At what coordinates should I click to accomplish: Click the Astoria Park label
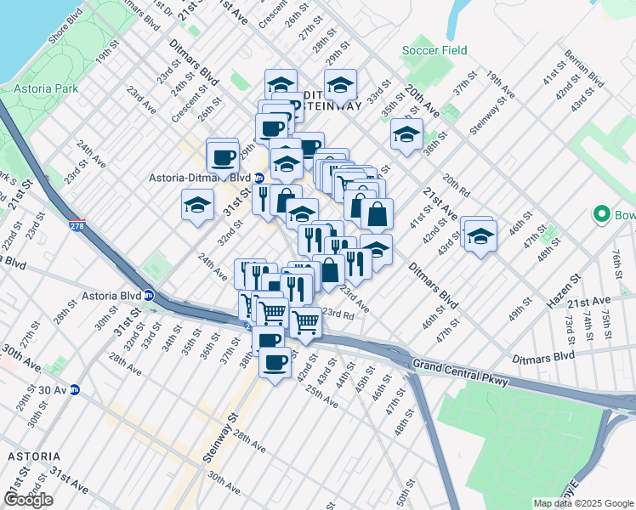(x=46, y=88)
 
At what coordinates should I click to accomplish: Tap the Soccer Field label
(x=435, y=51)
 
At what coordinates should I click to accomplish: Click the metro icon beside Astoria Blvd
(x=149, y=297)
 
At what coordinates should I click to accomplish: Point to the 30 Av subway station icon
(x=74, y=390)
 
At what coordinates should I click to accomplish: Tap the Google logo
(x=28, y=500)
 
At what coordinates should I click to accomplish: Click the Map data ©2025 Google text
(x=582, y=503)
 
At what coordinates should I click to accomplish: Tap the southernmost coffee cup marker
(x=275, y=363)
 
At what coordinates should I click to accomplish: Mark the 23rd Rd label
(x=338, y=313)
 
